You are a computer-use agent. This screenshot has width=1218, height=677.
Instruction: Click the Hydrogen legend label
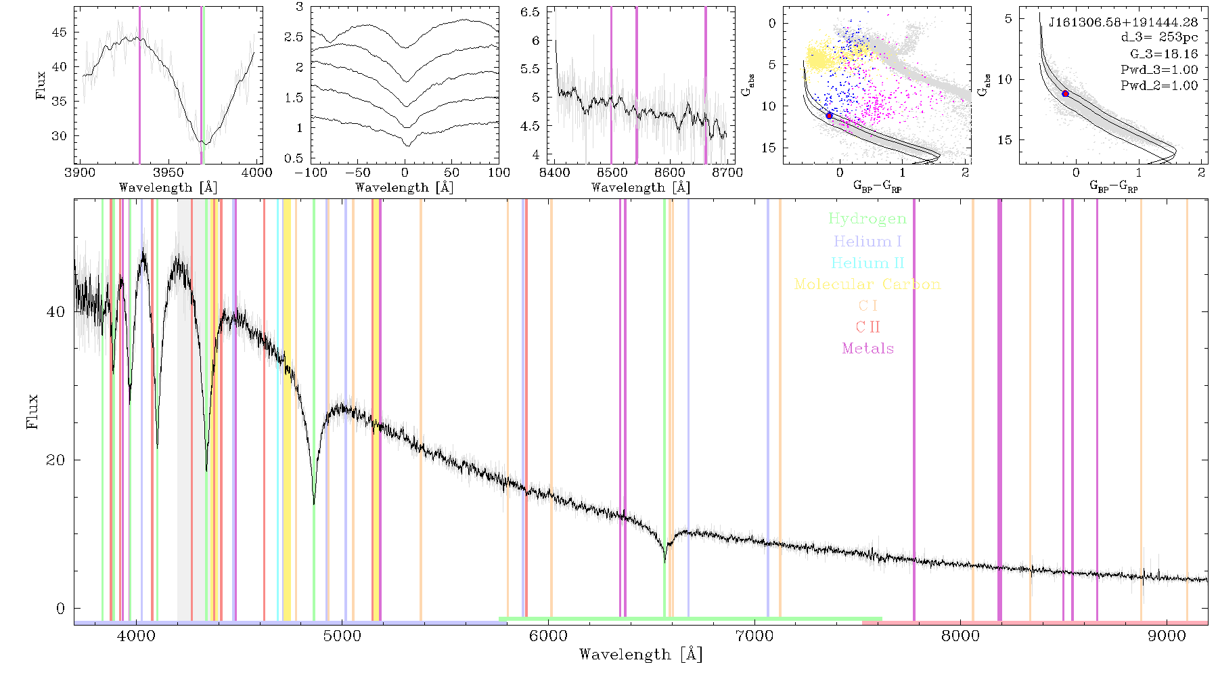pyautogui.click(x=867, y=219)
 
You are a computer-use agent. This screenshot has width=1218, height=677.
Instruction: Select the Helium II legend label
pyautogui.click(x=867, y=263)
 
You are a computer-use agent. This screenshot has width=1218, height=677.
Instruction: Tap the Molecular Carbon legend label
pyautogui.click(x=867, y=284)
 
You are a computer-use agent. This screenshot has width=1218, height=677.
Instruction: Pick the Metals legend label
pyautogui.click(x=867, y=349)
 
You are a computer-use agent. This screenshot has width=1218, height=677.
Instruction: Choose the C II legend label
pyautogui.click(x=867, y=327)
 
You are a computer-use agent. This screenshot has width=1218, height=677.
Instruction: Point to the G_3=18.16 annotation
pyautogui.click(x=1164, y=54)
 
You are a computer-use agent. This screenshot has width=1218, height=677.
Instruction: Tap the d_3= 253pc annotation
pyautogui.click(x=1159, y=38)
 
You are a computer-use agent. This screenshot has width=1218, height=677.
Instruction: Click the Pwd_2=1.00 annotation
pyautogui.click(x=1159, y=86)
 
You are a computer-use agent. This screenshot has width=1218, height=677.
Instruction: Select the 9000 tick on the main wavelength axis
pyautogui.click(x=1167, y=636)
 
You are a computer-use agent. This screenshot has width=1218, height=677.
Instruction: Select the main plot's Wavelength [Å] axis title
pyautogui.click(x=641, y=655)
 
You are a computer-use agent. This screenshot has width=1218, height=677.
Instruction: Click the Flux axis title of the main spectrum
pyautogui.click(x=32, y=412)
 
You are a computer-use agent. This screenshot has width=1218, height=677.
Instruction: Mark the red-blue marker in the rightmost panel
pyautogui.click(x=1065, y=93)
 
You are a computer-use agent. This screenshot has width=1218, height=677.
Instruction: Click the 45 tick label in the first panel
pyautogui.click(x=60, y=32)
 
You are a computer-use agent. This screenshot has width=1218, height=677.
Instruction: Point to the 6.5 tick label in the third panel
pyautogui.click(x=531, y=12)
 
